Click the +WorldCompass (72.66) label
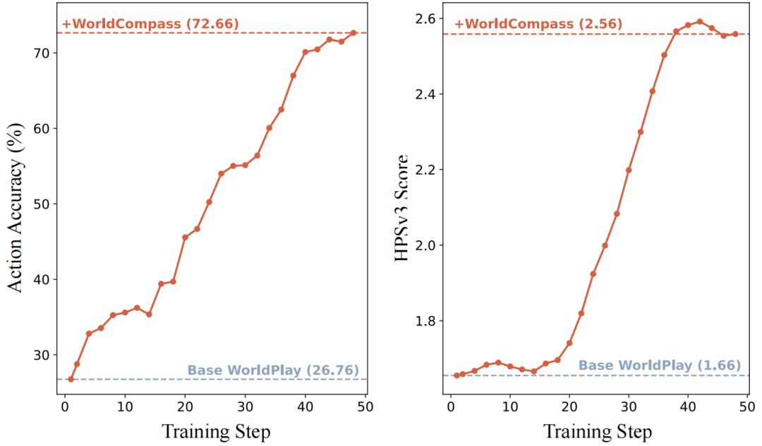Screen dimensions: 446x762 click(150, 24)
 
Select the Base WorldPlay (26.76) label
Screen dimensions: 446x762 click(273, 371)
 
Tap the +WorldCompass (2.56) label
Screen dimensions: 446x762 click(538, 24)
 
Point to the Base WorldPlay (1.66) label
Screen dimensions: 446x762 click(660, 365)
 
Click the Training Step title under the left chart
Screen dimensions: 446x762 click(216, 430)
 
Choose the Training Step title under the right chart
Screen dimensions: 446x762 click(598, 430)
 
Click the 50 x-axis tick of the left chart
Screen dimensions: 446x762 click(365, 407)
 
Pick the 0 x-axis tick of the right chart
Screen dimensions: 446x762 click(451, 407)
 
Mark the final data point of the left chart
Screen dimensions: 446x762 click(353, 32)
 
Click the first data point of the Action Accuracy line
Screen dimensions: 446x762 click(71, 379)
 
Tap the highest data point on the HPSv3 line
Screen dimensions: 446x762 click(699, 21)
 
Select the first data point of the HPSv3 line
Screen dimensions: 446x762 click(456, 375)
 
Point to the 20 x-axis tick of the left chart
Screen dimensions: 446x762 click(185, 407)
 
